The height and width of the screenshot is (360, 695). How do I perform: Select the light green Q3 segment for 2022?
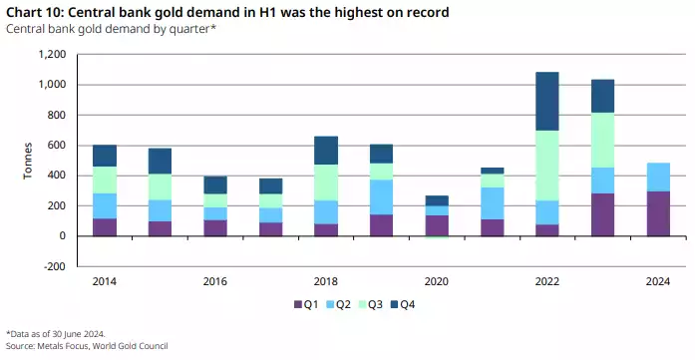point(546,166)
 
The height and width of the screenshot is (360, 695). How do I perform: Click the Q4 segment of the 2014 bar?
point(105,156)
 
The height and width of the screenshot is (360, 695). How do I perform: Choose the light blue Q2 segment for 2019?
point(381,196)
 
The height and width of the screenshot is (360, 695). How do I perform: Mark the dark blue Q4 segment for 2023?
point(601,96)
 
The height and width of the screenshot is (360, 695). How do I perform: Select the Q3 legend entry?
point(375,304)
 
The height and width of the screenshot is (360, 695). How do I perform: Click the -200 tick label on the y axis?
point(57,266)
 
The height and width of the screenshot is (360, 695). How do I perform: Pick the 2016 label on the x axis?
point(215,282)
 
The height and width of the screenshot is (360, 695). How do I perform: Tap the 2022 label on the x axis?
point(546,282)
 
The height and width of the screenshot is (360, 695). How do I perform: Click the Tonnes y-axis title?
point(28,161)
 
